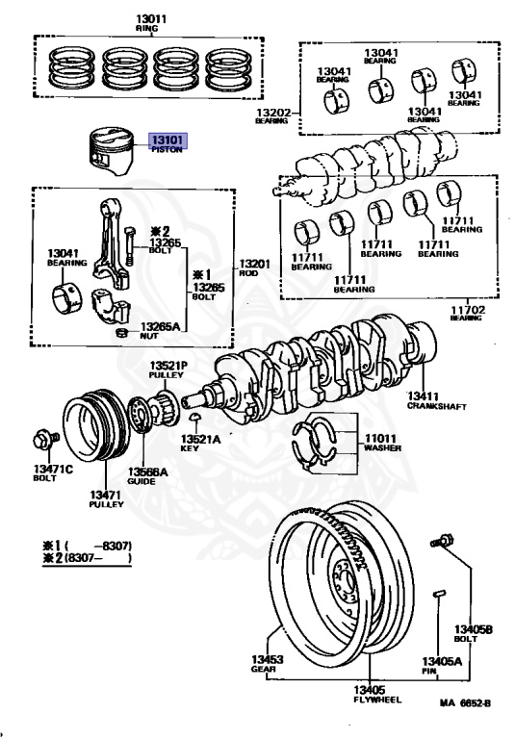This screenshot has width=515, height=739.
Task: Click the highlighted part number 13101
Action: [167, 140]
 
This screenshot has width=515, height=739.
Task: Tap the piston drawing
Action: [111, 151]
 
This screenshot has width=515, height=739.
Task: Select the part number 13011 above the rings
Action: [151, 19]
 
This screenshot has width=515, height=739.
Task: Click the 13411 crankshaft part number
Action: [423, 396]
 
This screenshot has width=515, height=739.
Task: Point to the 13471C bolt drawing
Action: [46, 440]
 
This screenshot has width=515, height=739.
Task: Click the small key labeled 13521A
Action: [194, 417]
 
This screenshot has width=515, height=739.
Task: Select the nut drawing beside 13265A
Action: [122, 332]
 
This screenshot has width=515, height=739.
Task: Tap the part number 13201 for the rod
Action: [255, 264]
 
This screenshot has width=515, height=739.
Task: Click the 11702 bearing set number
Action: [468, 310]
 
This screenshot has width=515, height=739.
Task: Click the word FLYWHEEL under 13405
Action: [377, 700]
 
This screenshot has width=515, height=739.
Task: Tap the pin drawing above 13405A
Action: [439, 594]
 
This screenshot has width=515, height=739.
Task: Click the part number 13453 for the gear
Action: [267, 659]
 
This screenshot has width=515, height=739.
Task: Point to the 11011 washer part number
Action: [380, 439]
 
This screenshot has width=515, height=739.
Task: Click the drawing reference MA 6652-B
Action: [465, 703]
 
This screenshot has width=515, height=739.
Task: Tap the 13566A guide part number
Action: [147, 471]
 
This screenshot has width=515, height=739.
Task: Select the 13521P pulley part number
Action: [168, 366]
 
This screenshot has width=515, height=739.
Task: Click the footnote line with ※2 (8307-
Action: [87, 558]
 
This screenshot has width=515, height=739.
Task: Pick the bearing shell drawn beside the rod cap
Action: [66, 297]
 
